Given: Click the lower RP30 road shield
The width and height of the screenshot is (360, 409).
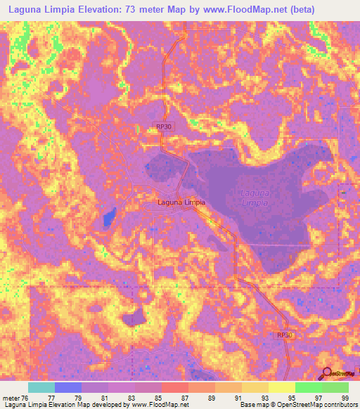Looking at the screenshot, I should coord(283,336).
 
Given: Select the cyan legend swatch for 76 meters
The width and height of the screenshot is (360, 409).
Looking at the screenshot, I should coord(41,387).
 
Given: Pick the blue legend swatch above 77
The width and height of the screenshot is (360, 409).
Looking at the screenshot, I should coord(68,387).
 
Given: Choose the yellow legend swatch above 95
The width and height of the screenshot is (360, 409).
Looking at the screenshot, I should coord(282,387).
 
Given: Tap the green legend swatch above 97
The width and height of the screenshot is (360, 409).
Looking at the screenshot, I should coord(309,387).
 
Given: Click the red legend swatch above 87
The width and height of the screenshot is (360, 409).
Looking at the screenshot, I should coord(175,387).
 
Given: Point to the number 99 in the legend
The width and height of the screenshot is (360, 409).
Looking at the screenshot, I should coord(344,398).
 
